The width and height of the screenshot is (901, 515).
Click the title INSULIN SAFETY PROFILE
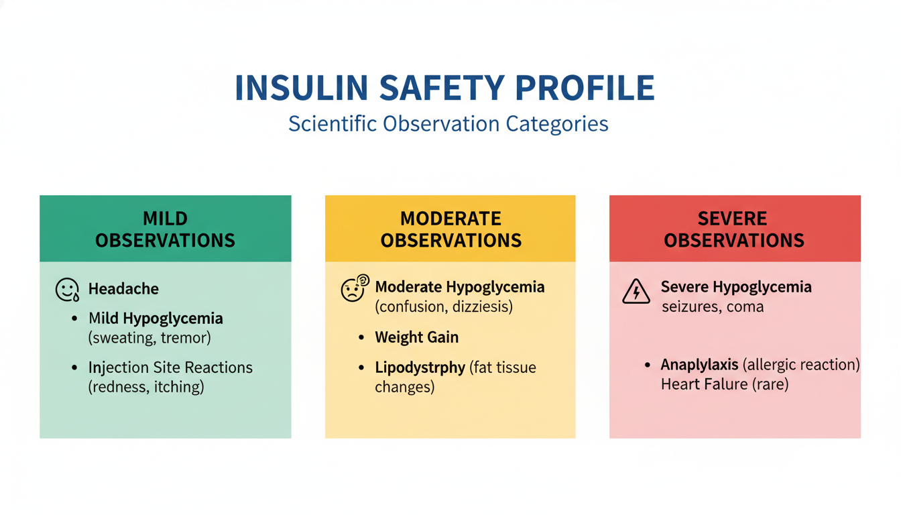point(444,89)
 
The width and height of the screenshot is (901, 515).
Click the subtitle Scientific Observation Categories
point(448,124)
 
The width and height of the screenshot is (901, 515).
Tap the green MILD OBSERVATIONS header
point(165,229)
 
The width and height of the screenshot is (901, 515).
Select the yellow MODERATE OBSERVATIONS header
point(450,229)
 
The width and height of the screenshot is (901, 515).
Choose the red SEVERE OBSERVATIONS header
point(734,229)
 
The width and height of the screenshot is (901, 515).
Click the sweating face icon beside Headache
point(67,290)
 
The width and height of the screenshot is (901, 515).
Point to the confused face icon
point(354,289)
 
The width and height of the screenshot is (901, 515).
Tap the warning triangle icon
point(636,292)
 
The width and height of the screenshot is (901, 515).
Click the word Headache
point(123,289)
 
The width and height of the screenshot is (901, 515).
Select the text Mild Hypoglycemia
point(156,319)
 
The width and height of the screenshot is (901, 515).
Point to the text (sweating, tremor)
point(149,337)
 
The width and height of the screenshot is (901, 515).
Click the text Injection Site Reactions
point(170,367)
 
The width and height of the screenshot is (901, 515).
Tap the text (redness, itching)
point(146,386)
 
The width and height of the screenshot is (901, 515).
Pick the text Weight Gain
point(416,337)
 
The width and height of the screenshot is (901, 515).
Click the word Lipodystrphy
point(420,367)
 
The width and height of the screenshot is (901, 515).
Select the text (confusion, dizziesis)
point(444,306)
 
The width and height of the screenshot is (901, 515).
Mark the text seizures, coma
point(713,307)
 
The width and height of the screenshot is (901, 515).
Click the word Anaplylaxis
point(699,365)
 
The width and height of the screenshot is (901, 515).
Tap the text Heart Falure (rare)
point(724,384)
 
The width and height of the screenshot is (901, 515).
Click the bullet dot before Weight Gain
point(361,337)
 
